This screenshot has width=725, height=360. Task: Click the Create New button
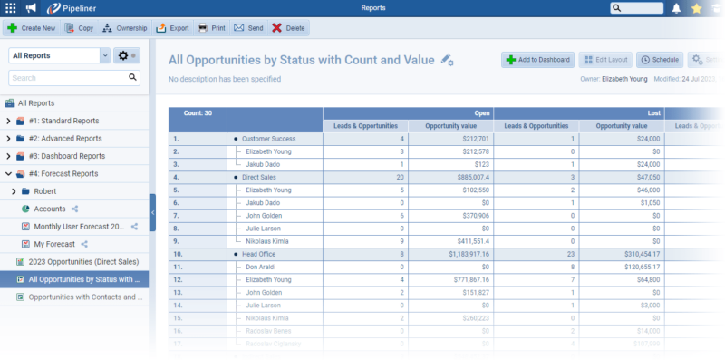pyautogui.click(x=32, y=28)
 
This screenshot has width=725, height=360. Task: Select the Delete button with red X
pyautogui.click(x=288, y=28)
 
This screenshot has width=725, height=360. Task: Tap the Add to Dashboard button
pyautogui.click(x=537, y=60)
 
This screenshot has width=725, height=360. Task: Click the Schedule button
pyautogui.click(x=659, y=60)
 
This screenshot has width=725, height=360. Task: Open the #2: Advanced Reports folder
pyautogui.click(x=65, y=139)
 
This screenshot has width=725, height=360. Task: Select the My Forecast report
pyautogui.click(x=53, y=244)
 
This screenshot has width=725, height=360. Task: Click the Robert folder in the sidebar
pyautogui.click(x=45, y=191)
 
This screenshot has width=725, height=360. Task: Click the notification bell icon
pyautogui.click(x=676, y=8)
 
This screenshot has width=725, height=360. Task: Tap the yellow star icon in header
pyautogui.click(x=696, y=8)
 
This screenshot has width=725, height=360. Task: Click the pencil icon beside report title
pyautogui.click(x=447, y=60)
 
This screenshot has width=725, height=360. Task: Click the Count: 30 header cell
pyautogui.click(x=198, y=113)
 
